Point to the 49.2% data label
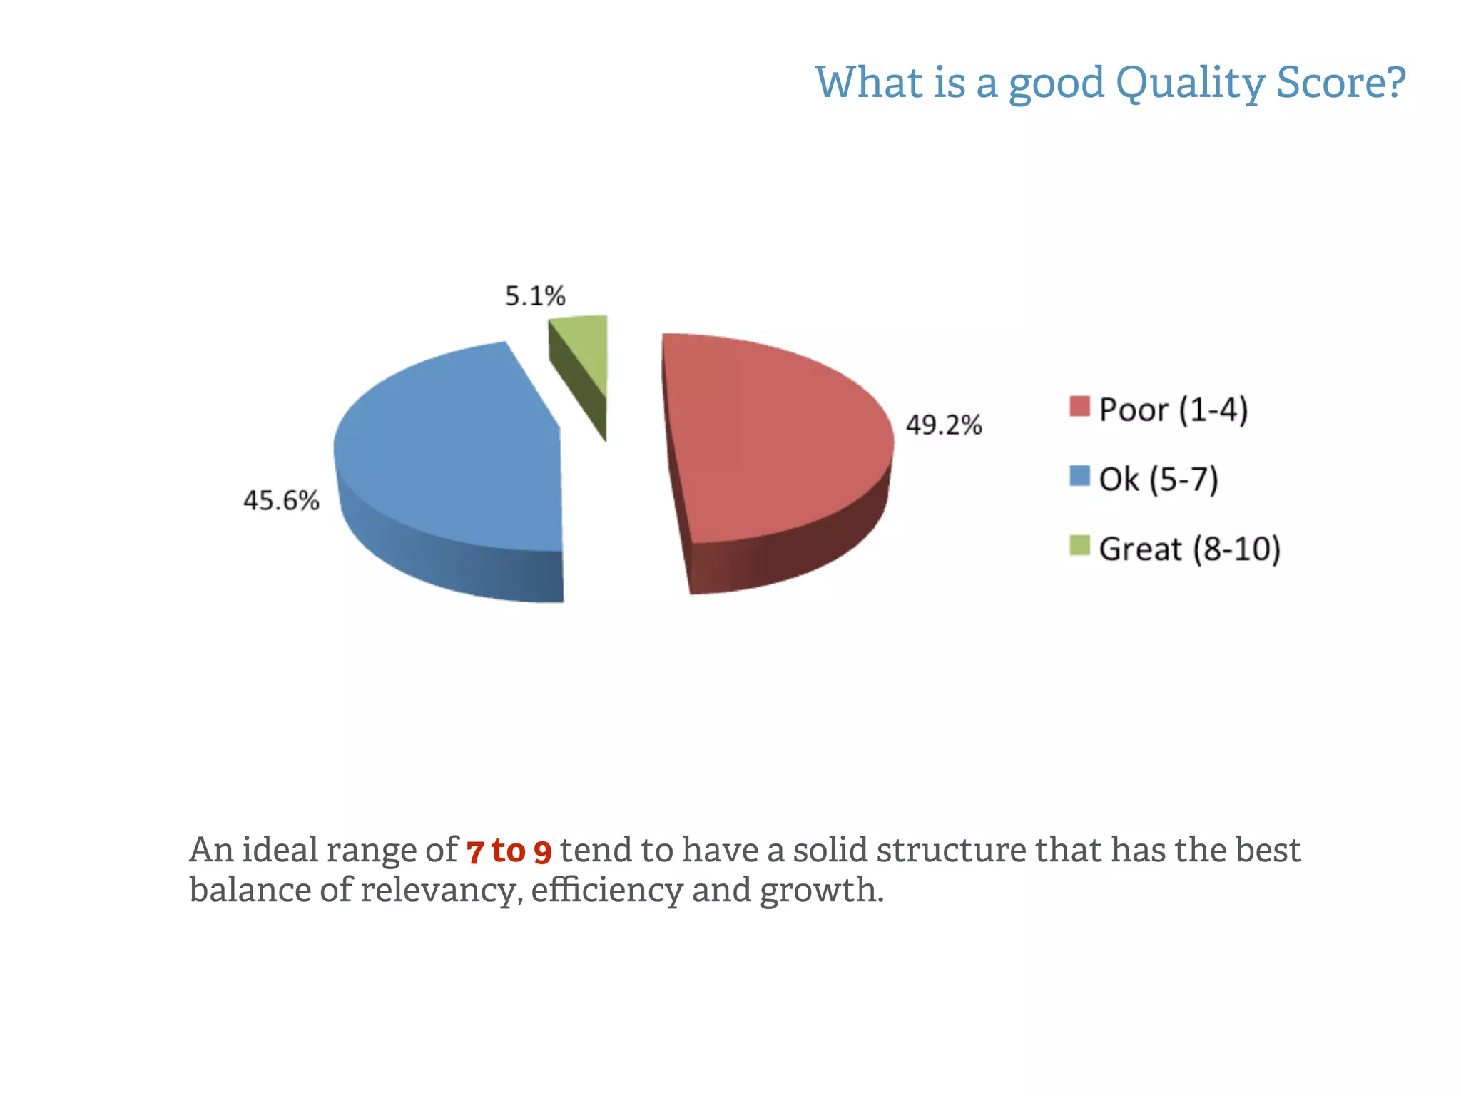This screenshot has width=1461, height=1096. (944, 425)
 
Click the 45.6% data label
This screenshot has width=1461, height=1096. (281, 501)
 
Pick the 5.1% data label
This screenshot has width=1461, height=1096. (535, 296)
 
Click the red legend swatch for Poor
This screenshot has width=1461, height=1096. (1079, 406)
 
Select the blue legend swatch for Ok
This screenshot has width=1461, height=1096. (1079, 476)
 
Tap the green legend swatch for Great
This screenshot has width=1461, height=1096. (1079, 545)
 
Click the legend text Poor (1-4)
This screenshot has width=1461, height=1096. (1174, 410)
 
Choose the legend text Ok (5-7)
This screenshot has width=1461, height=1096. (1159, 479)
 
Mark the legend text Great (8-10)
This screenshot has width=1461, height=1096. (1190, 549)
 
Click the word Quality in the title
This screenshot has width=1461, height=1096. (1190, 83)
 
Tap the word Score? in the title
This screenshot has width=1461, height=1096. (1341, 83)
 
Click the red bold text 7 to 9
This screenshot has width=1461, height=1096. (509, 851)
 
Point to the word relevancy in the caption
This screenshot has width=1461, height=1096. (440, 890)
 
